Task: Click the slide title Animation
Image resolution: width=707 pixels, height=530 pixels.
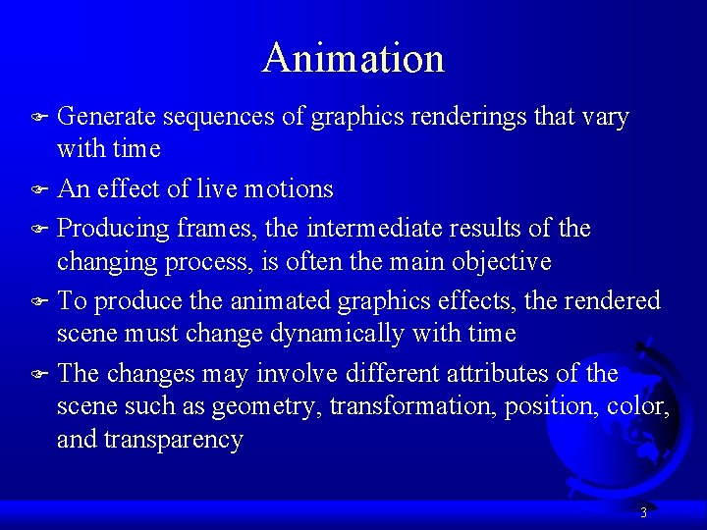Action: pos(353,58)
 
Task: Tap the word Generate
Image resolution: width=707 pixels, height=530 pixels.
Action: pos(106,117)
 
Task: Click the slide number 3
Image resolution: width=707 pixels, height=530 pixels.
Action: pos(642,512)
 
